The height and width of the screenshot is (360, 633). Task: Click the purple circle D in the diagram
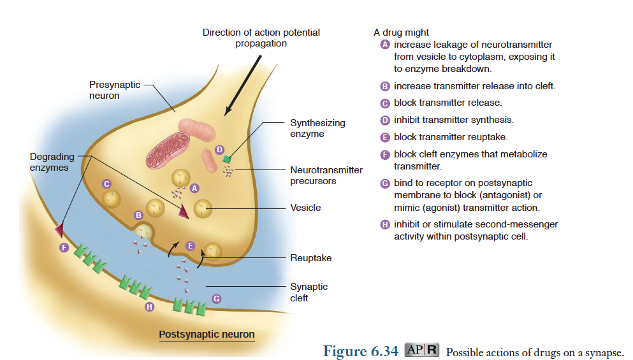tap(220, 149)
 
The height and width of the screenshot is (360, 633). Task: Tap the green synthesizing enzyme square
tap(226, 159)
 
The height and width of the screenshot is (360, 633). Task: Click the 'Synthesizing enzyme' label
tap(317, 128)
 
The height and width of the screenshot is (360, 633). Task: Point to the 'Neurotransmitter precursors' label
tap(326, 175)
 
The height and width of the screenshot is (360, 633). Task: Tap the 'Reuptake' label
tap(310, 258)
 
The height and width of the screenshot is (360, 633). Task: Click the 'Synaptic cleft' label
tap(309, 292)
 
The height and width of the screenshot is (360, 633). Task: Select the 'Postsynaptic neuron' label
tap(207, 334)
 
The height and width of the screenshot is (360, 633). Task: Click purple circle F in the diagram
tap(64, 247)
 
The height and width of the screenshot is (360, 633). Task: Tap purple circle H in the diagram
tap(150, 307)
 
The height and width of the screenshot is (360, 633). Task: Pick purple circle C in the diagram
tap(108, 184)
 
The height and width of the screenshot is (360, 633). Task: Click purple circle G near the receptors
tap(217, 298)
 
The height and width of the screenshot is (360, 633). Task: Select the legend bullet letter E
tap(384, 137)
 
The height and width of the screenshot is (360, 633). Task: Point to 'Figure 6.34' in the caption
tap(361, 350)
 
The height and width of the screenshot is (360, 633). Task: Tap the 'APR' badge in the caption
tap(422, 350)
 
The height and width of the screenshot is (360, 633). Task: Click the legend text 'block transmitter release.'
tap(447, 103)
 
